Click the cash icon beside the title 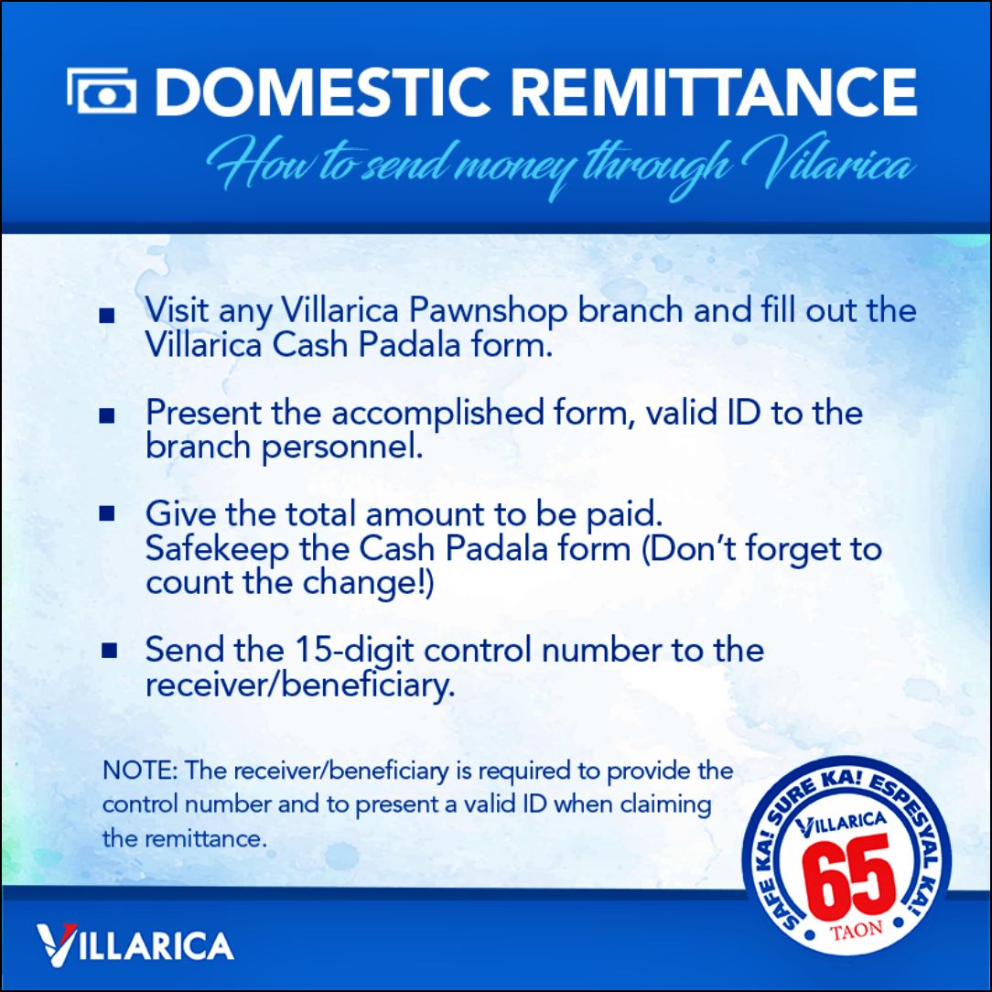click(x=102, y=91)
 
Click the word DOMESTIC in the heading click(x=323, y=92)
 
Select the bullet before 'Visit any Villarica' click(x=107, y=316)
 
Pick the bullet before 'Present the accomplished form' click(x=107, y=415)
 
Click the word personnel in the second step click(x=342, y=447)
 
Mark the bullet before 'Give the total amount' click(x=107, y=513)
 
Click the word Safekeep click(x=217, y=548)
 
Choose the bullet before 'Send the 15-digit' click(x=109, y=651)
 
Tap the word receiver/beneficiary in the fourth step click(x=300, y=685)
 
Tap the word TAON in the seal click(x=856, y=930)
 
